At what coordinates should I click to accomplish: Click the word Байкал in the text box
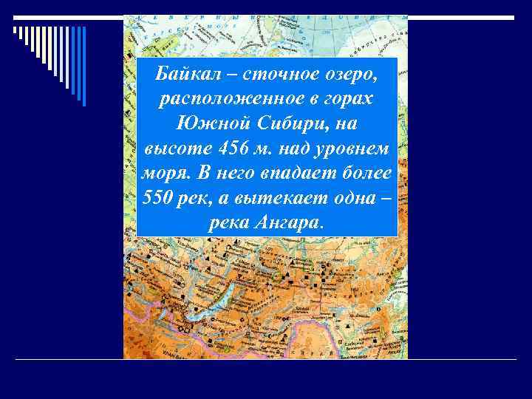click(x=183, y=75)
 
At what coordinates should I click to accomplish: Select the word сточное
click(x=267, y=75)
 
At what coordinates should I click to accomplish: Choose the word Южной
click(x=205, y=123)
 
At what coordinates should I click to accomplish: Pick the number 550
click(x=155, y=197)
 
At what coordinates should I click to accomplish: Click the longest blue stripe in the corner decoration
click(x=83, y=66)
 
